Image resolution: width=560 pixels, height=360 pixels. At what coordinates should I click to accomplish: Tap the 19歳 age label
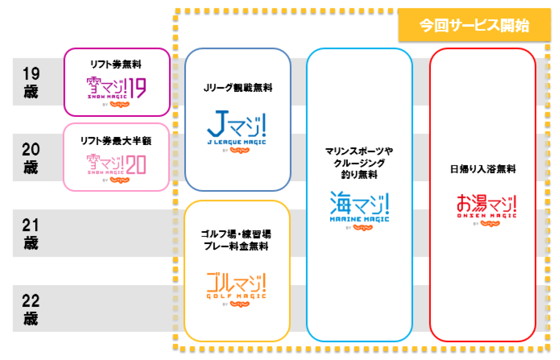click(x=30, y=82)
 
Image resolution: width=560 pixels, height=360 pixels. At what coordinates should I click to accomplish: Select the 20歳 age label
click(x=30, y=158)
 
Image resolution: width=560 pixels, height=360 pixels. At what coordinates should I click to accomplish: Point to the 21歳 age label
click(x=30, y=234)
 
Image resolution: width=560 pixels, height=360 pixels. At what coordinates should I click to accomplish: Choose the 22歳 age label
click(x=30, y=309)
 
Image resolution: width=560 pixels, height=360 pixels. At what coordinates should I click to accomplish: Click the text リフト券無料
click(x=116, y=65)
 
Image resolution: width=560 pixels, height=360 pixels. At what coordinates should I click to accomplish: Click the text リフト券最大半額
click(x=116, y=141)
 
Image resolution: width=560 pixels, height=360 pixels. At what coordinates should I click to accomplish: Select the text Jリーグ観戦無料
click(x=238, y=88)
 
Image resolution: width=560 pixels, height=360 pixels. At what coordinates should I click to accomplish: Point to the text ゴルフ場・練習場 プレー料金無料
click(x=237, y=240)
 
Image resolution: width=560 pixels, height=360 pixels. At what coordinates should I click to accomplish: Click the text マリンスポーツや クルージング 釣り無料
click(x=359, y=163)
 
